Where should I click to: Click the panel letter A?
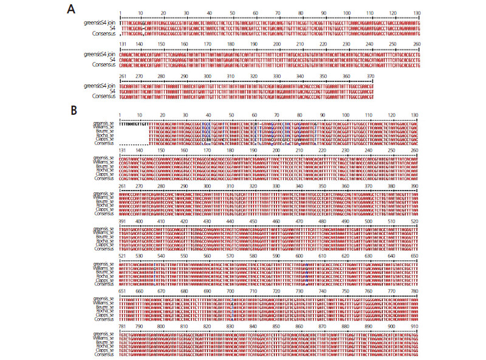(72, 8)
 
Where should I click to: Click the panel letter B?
(72, 110)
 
